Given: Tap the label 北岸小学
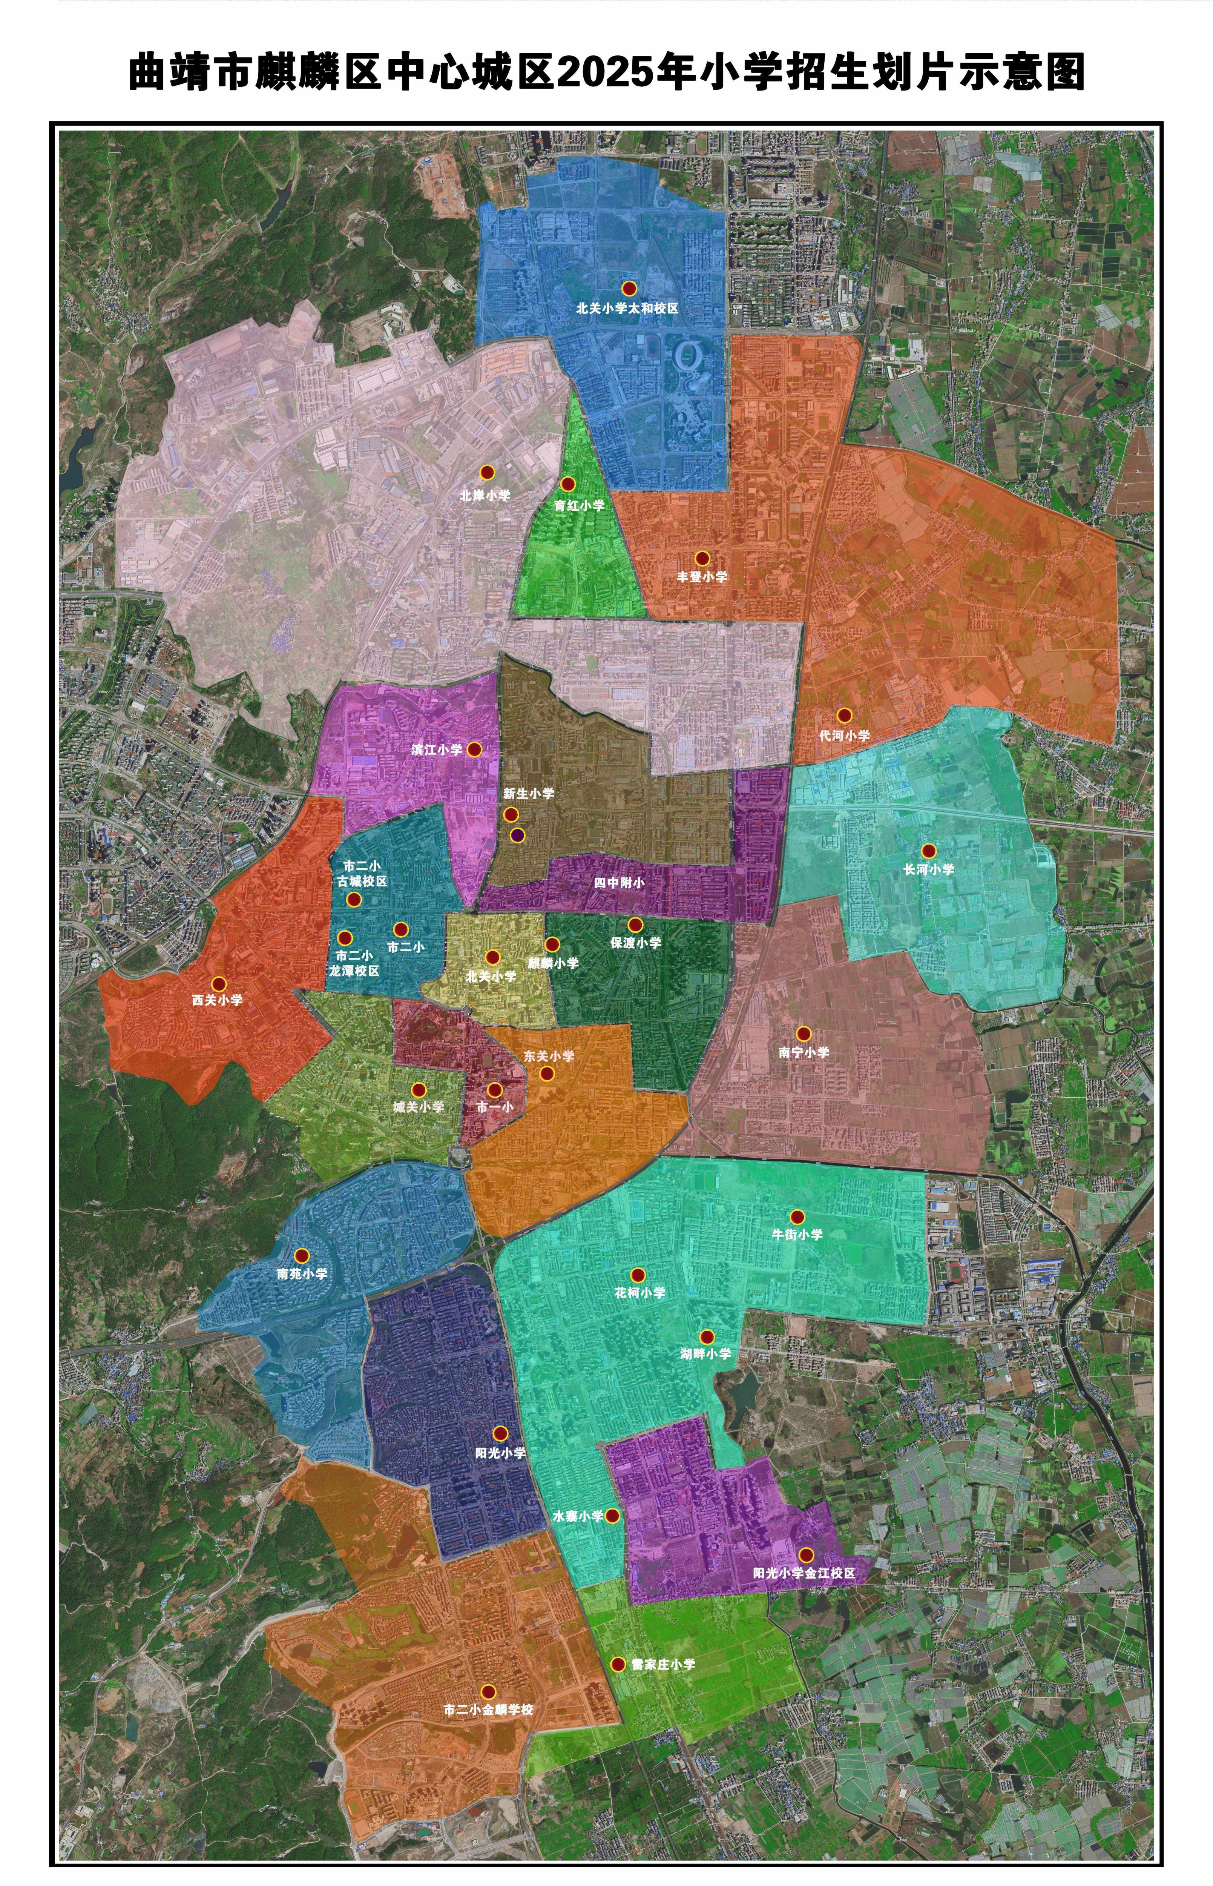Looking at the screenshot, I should click(485, 496).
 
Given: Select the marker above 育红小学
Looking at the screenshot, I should click(567, 484).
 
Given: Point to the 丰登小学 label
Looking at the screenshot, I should click(702, 577).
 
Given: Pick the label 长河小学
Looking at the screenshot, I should click(929, 870).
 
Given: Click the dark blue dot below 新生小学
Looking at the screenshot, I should click(517, 835).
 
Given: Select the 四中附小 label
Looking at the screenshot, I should click(619, 883).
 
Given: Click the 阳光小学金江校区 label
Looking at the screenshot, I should click(804, 1573).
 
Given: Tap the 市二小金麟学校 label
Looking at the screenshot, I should click(488, 1710).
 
